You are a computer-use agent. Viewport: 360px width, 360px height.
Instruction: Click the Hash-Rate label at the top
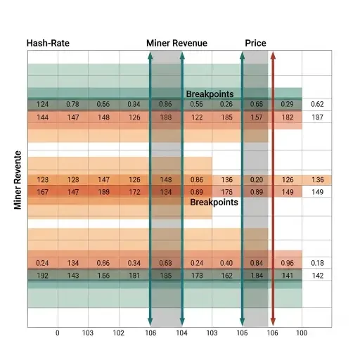point(48,44)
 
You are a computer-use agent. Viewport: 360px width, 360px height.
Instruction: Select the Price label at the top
point(255,44)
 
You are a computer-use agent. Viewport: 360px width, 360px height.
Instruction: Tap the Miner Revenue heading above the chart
point(176,44)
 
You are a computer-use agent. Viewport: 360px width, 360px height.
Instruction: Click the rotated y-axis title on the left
point(18,180)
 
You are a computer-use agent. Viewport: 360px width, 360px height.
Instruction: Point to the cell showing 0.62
point(317,104)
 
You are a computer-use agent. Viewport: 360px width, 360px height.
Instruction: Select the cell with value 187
point(317,117)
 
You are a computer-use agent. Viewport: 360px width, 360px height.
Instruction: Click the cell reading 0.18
point(317,263)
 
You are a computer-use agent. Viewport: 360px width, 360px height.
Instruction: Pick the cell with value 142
point(317,276)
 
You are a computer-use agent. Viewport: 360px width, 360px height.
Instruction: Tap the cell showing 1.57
point(256,117)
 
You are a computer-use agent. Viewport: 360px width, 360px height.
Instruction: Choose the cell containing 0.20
point(256,179)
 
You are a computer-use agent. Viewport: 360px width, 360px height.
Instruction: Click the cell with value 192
point(43,276)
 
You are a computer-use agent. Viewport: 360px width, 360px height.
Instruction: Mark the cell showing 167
point(43,192)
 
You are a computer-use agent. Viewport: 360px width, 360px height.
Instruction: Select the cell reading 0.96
point(287,263)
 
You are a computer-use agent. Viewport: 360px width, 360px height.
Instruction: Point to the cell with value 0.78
point(73,104)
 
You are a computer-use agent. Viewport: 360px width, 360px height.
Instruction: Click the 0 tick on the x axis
point(58,334)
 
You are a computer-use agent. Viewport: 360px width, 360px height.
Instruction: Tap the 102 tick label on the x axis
point(119,334)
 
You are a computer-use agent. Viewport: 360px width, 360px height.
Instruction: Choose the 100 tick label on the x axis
point(302,334)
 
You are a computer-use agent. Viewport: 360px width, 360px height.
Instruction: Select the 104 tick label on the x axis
point(181,334)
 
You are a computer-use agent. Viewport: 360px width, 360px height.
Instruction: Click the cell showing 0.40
point(226,263)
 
